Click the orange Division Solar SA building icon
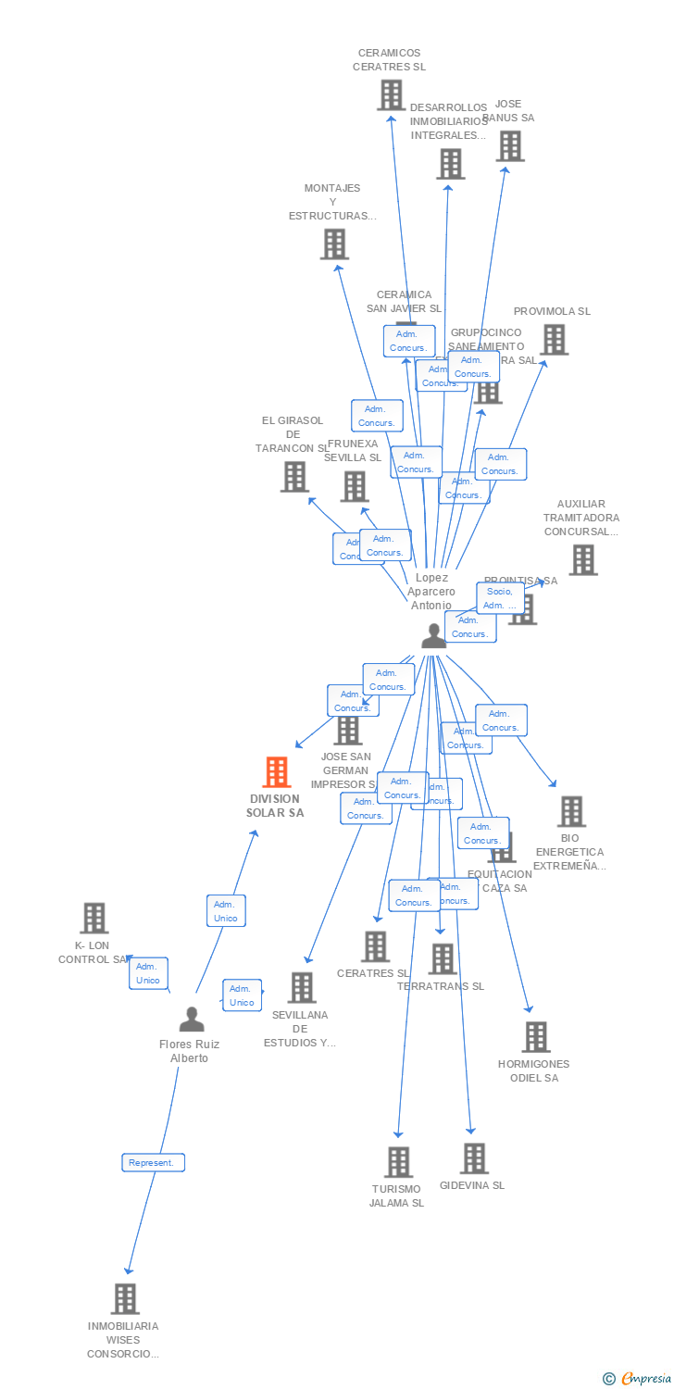click(x=277, y=771)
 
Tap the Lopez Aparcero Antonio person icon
click(x=433, y=635)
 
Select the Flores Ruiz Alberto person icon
click(x=192, y=1019)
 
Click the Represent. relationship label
click(x=154, y=1162)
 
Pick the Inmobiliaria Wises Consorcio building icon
click(x=125, y=1298)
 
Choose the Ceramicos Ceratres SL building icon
click(x=391, y=94)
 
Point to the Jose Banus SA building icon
click(x=509, y=145)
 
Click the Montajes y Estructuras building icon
click(x=333, y=244)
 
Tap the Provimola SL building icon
click(x=554, y=339)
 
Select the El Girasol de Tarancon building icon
click(x=294, y=476)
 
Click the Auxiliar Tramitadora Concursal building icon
click(x=582, y=559)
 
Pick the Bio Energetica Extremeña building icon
click(x=571, y=811)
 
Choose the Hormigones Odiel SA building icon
click(x=535, y=1037)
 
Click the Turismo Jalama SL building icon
click(x=398, y=1161)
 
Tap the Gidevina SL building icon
click(x=473, y=1157)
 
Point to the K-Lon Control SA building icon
click(x=94, y=918)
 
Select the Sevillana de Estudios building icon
click(x=301, y=987)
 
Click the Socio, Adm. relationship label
click(x=501, y=598)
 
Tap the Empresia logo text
click(x=645, y=1379)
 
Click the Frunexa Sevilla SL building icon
click(x=355, y=486)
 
